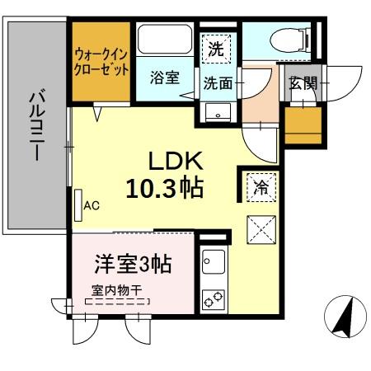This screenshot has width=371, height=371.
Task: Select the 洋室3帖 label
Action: click(x=132, y=266)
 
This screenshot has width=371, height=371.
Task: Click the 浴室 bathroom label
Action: click(x=166, y=78)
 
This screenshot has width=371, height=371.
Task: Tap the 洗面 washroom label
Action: click(x=218, y=82)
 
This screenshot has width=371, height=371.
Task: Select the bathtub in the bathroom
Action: click(x=167, y=40)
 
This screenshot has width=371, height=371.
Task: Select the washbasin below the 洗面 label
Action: click(x=218, y=111)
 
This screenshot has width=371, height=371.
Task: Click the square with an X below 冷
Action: click(x=261, y=227)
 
